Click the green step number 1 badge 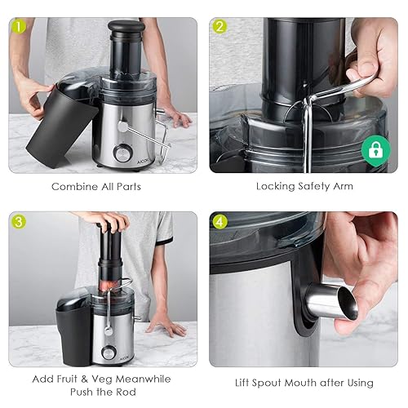click(x=19, y=27)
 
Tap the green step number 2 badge click(x=220, y=27)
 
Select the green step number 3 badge click(x=19, y=222)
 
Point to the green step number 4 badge click(x=220, y=222)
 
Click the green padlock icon click(x=375, y=150)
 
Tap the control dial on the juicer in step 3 click(x=108, y=353)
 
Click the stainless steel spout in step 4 click(x=332, y=303)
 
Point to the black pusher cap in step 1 click(x=126, y=28)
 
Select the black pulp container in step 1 click(x=61, y=126)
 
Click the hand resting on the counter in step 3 click(x=165, y=325)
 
